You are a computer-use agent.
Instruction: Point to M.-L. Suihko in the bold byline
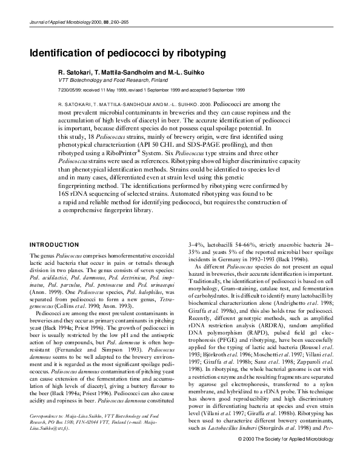tap(202, 72)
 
